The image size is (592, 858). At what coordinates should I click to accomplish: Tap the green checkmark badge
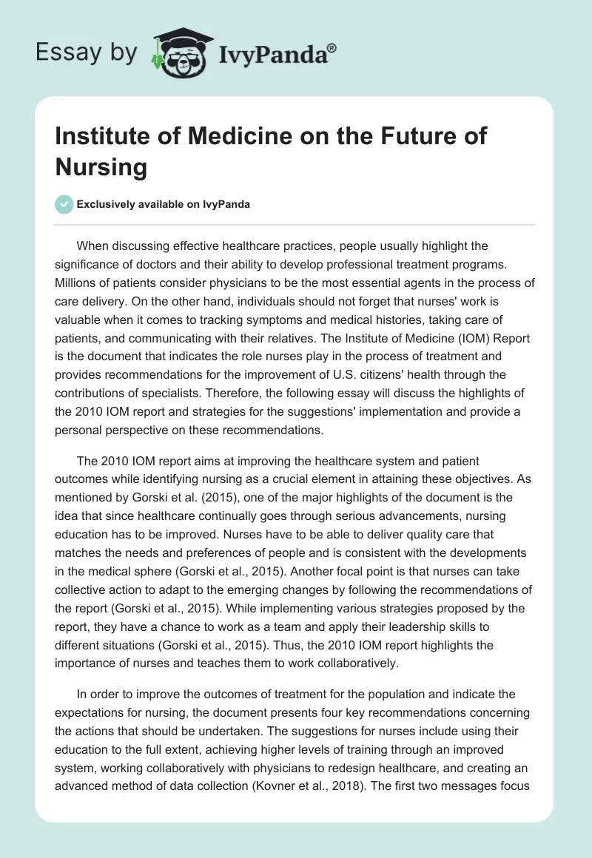click(64, 204)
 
